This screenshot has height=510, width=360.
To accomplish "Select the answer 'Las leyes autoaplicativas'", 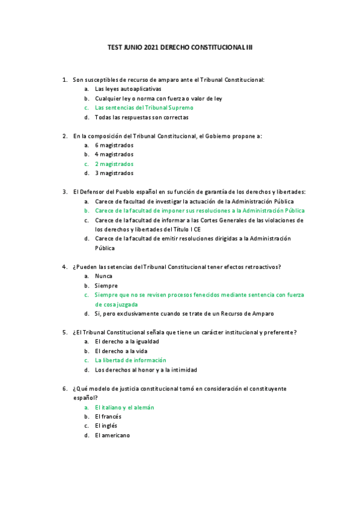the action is coord(128,88).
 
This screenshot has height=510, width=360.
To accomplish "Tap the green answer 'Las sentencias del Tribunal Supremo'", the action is coord(144,108).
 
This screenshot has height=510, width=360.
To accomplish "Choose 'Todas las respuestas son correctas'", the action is coord(142,117).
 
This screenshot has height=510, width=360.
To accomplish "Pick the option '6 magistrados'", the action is coord(114,145).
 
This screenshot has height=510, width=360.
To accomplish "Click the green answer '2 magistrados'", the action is coord(114,164).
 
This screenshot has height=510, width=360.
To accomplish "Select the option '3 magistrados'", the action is coord(114,173).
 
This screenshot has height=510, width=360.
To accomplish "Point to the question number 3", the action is coord(64,192).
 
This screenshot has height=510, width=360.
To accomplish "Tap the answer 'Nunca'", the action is coord(104,276).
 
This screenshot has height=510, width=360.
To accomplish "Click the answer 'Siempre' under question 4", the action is coord(106,286).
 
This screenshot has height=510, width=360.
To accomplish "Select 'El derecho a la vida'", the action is coord(121,351).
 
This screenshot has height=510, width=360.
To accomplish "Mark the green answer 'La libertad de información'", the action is coord(130,360).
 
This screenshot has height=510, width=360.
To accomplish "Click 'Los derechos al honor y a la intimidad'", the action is coord(146,370).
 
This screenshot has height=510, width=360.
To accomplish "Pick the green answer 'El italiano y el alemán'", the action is coord(124,407).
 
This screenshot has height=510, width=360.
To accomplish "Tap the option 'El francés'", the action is coord(108,416).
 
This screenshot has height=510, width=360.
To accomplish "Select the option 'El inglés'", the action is coord(106,426).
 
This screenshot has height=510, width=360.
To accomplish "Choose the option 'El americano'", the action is coord(112,435).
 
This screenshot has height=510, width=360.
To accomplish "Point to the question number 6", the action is coord(64,389).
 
